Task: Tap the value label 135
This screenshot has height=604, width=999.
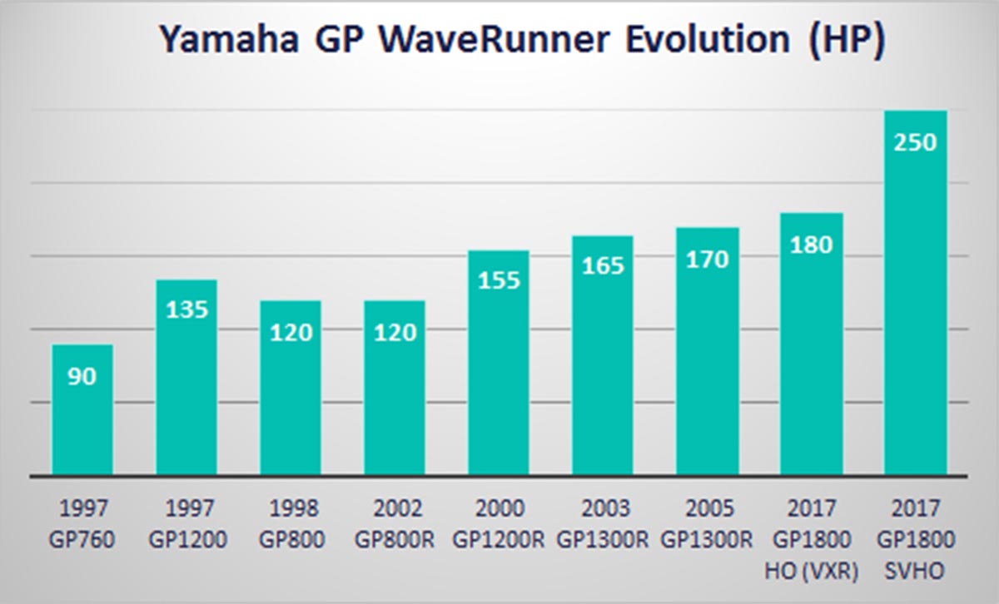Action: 186,309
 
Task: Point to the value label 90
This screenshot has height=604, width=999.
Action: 82,377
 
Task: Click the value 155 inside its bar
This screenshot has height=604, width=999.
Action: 499,280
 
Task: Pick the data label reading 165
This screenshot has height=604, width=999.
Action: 603,266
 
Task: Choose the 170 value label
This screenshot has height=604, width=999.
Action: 707,259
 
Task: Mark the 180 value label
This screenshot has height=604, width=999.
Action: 811,245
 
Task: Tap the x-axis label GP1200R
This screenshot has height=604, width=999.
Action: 499,539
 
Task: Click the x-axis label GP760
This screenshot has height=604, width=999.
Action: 82,539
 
